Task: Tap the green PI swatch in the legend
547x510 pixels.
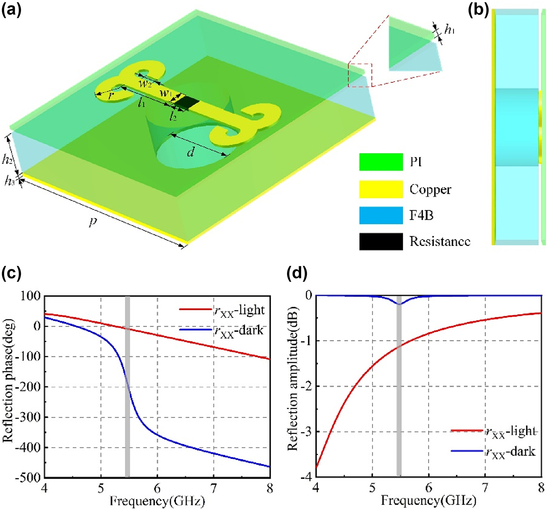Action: [381, 162]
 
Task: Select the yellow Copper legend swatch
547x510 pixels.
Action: [381, 189]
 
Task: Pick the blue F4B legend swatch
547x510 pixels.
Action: [381, 215]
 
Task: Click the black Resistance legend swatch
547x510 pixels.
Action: [381, 242]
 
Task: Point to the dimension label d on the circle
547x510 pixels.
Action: [190, 152]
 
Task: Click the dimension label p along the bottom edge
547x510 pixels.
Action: [94, 221]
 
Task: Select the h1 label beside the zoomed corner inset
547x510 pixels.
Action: [449, 29]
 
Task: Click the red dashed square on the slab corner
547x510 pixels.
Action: [360, 75]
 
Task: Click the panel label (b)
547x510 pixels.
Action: [479, 9]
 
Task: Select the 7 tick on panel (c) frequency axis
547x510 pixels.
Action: [213, 488]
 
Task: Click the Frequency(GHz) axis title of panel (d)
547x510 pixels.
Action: [428, 501]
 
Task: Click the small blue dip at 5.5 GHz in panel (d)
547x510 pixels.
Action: [399, 303]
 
